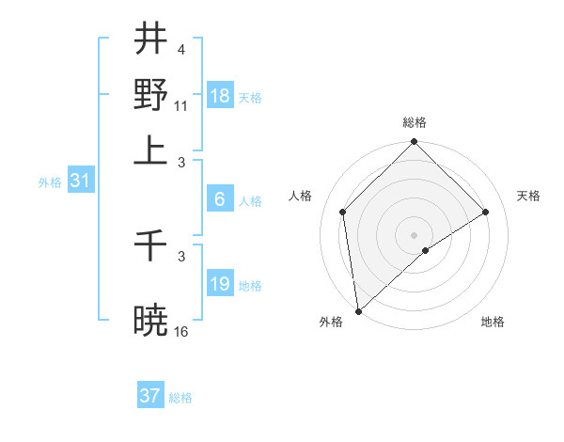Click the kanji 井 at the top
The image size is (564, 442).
150,39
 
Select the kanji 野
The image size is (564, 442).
150,94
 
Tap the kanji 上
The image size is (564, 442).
150,149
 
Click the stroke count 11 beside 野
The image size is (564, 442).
181,105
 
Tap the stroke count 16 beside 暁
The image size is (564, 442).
181,331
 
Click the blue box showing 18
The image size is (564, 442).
220,96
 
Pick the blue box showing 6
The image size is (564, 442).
220,199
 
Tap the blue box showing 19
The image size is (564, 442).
220,284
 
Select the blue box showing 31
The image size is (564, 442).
80,182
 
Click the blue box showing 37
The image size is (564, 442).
150,396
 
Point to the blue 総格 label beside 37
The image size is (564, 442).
180,398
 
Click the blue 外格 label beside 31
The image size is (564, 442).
50,183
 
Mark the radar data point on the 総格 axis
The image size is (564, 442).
414,143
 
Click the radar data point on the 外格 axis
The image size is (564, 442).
358,311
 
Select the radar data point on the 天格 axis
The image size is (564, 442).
486,212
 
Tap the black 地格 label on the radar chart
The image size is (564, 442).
493,322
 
